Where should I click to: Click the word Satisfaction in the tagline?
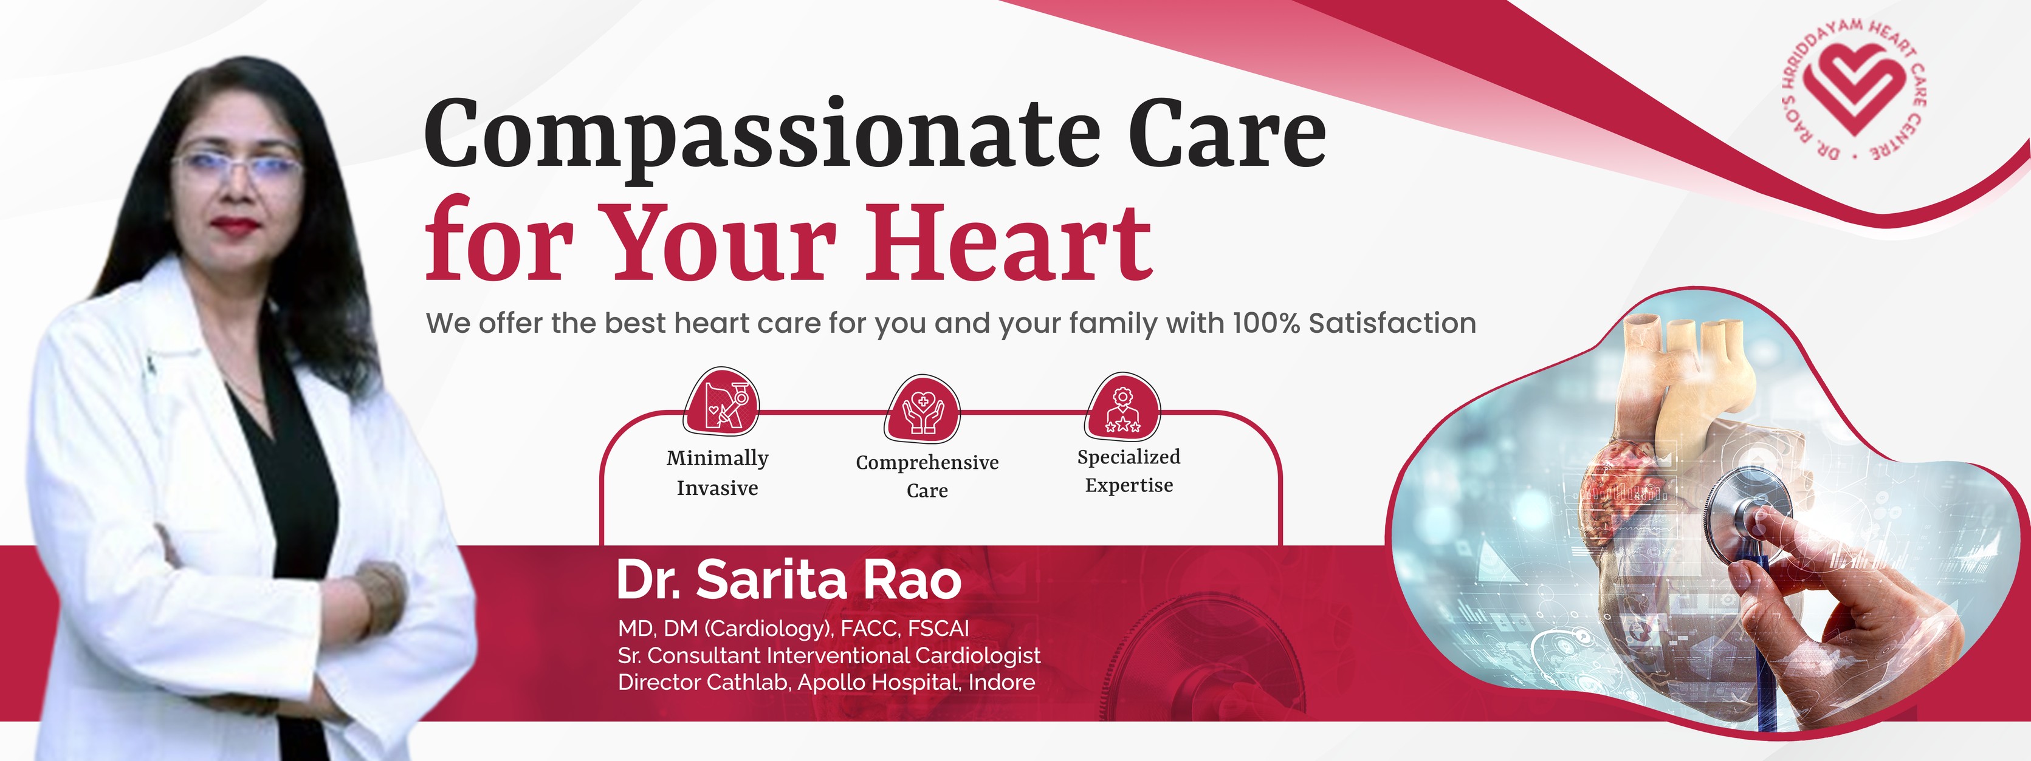(x=1392, y=323)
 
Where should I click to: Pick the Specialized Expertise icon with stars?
(x=1122, y=406)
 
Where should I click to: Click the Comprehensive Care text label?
(x=927, y=476)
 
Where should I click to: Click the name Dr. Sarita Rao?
(x=788, y=580)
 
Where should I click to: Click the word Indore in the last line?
(x=1002, y=682)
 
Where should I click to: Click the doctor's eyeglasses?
(x=236, y=165)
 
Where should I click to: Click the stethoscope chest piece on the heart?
(x=1741, y=508)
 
